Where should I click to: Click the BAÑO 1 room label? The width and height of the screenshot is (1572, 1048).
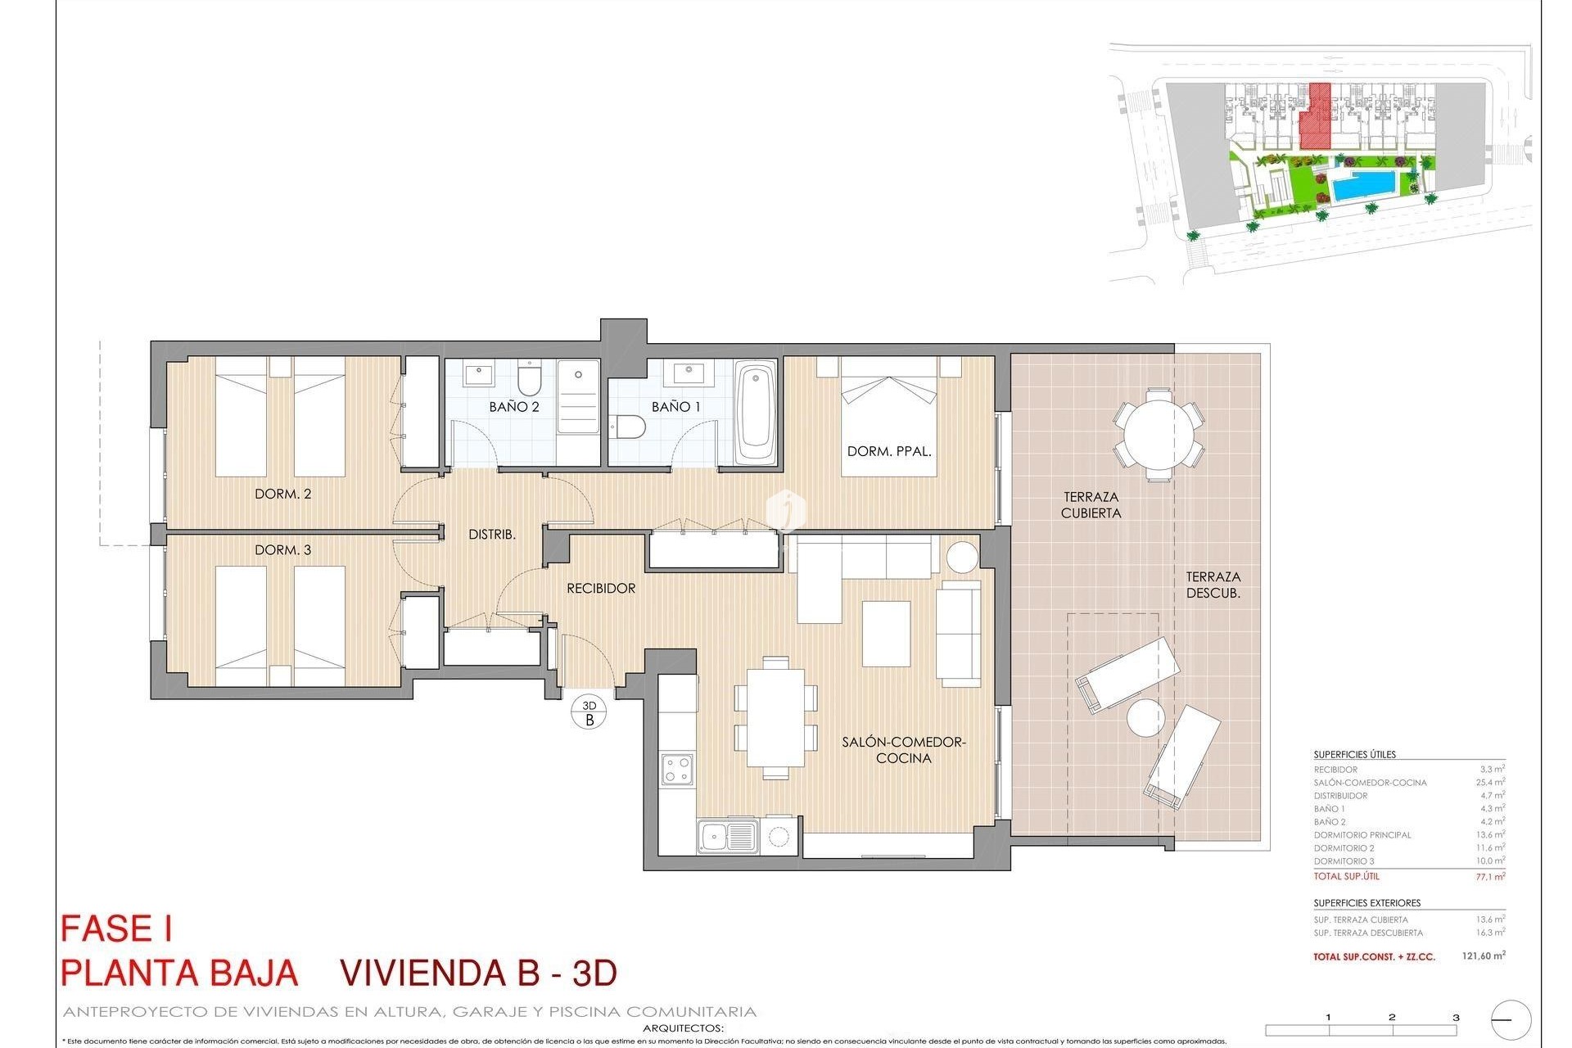(x=675, y=407)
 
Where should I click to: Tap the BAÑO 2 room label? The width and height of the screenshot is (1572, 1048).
(x=513, y=407)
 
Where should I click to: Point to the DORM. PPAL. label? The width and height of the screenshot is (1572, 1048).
(x=889, y=451)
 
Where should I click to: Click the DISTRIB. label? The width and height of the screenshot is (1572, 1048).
(x=491, y=535)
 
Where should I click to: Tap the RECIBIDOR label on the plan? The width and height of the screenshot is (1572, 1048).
(x=601, y=589)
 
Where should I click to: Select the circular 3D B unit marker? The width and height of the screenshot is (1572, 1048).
(x=589, y=712)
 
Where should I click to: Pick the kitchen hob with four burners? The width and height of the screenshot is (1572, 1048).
(x=677, y=769)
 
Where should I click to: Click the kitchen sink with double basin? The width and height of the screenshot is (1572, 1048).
(x=728, y=837)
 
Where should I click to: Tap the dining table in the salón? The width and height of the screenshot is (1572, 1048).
(x=775, y=716)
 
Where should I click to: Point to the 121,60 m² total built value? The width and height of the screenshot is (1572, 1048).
(x=1483, y=955)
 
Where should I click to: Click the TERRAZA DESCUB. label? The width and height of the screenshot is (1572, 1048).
(x=1213, y=585)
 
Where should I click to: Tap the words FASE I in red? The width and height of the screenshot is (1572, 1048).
(x=116, y=929)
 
